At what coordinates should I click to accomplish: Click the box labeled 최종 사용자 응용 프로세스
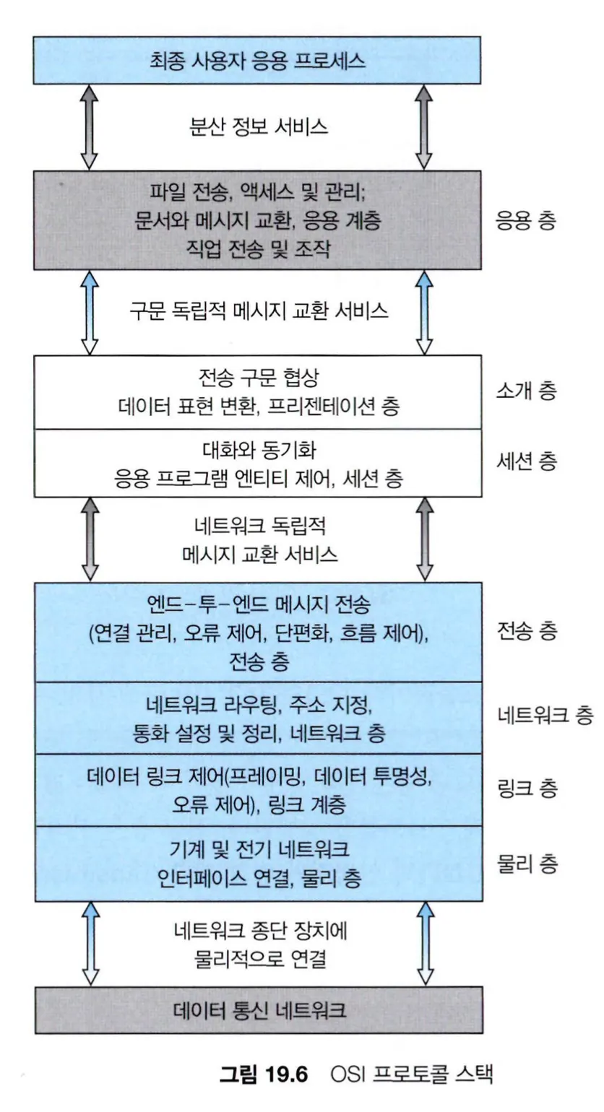(x=256, y=60)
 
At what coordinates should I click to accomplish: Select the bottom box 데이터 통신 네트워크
(x=259, y=1010)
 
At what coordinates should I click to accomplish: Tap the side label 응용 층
(x=525, y=220)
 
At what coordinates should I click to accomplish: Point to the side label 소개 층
(x=527, y=391)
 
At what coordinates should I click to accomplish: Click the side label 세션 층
(x=527, y=461)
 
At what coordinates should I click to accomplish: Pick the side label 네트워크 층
(x=545, y=716)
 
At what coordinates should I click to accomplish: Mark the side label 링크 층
(x=527, y=788)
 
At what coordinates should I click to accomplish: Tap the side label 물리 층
(x=527, y=864)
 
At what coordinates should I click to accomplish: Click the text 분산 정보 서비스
(x=259, y=127)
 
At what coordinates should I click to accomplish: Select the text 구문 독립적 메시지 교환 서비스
(x=259, y=312)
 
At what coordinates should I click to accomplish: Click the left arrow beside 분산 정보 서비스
(x=89, y=127)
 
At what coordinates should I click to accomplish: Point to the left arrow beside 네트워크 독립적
(x=90, y=539)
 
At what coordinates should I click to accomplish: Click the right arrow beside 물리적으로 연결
(x=425, y=944)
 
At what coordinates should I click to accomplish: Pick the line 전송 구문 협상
(x=259, y=378)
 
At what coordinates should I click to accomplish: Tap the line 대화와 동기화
(x=259, y=451)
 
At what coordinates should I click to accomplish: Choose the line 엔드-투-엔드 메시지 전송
(x=259, y=604)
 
